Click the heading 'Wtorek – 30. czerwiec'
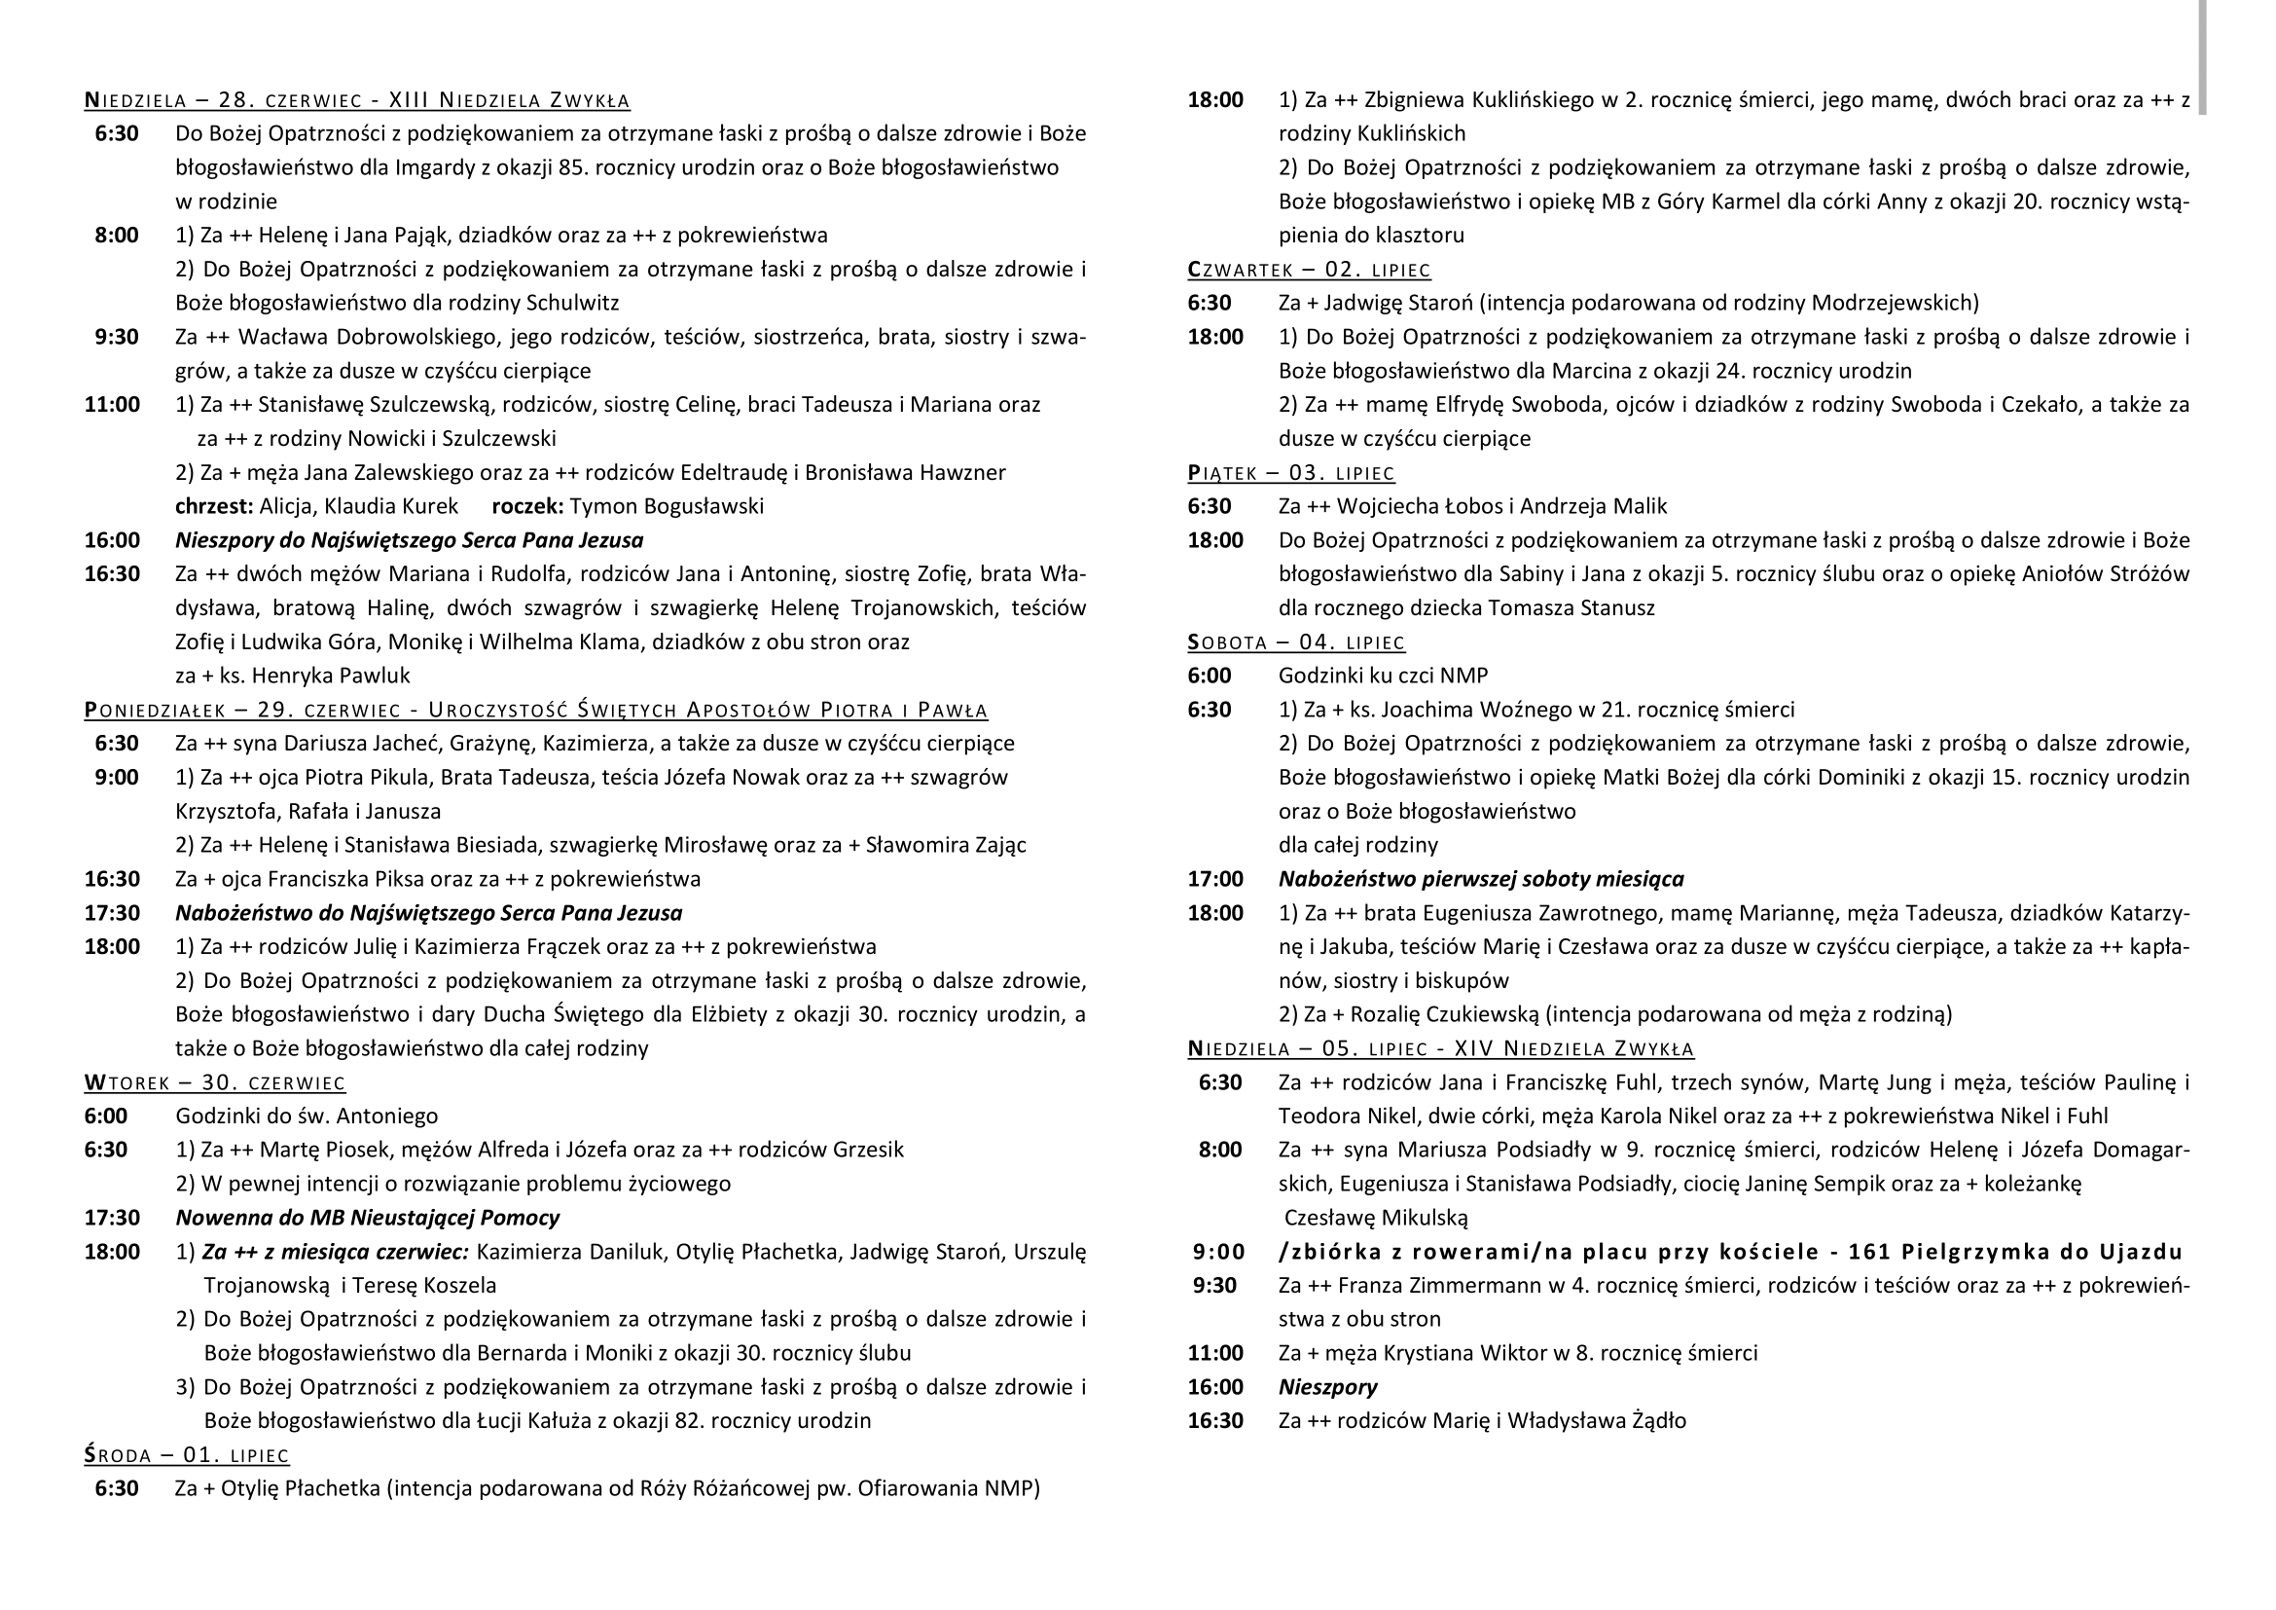[214, 1082]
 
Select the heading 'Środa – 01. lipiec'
[187, 1455]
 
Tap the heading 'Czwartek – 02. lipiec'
[1309, 270]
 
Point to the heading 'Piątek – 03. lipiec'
[1290, 473]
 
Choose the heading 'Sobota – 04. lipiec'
[1295, 642]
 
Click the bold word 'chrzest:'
[214, 506]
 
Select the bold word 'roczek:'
[527, 506]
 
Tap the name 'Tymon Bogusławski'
[667, 506]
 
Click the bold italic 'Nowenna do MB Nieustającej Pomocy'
[367, 1218]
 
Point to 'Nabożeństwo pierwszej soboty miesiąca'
[1480, 879]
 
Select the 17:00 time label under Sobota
[1214, 879]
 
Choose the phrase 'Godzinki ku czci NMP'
[1383, 677]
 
